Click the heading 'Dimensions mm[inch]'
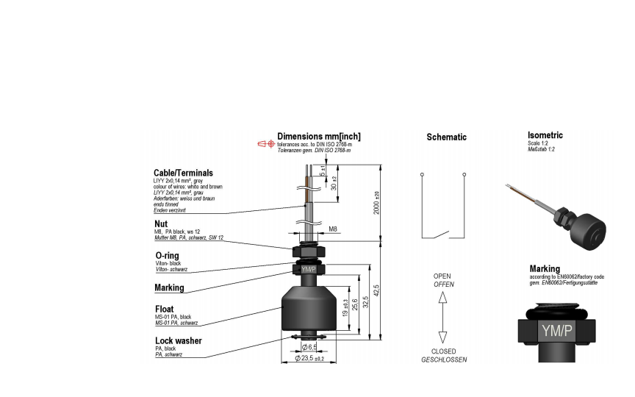(x=318, y=137)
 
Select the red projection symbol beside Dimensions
(x=265, y=144)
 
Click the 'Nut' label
(x=162, y=223)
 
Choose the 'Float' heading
(x=165, y=309)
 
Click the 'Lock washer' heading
(x=178, y=340)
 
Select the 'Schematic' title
(x=446, y=137)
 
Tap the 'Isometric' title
(x=545, y=135)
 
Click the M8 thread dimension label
(x=333, y=229)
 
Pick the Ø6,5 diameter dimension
(x=309, y=346)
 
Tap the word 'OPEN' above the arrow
(x=442, y=276)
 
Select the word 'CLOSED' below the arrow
(x=442, y=351)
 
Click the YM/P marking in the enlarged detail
(x=556, y=330)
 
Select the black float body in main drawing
(x=308, y=309)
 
